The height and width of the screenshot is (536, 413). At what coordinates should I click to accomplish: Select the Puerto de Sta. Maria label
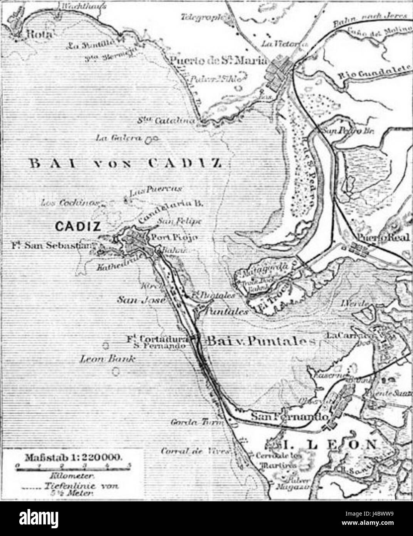pos(218,61)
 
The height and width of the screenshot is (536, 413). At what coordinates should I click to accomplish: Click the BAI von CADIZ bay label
pos(125,163)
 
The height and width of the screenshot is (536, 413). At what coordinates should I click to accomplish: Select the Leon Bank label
pos(107,359)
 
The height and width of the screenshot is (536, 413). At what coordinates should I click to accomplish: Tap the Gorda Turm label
pos(197,423)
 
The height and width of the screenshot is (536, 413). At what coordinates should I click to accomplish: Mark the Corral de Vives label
pos(196,450)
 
